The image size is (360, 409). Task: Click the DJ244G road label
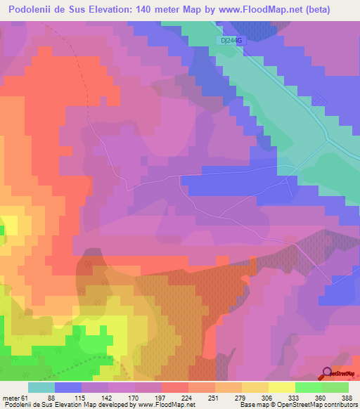pyautogui.click(x=231, y=41)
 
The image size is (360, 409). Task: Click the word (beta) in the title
pyautogui.click(x=332, y=10)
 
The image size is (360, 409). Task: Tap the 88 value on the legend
pyautogui.click(x=51, y=397)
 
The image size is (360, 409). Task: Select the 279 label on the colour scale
pyautogui.click(x=238, y=397)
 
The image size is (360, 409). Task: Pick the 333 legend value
pyautogui.click(x=292, y=397)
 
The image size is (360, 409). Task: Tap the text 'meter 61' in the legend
pyautogui.click(x=15, y=397)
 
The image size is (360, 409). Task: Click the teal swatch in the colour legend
pyautogui.click(x=41, y=387)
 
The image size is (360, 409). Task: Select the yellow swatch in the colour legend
pyautogui.click(x=281, y=387)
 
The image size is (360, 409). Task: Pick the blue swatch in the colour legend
pyautogui.click(x=67, y=387)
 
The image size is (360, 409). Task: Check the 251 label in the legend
pyautogui.click(x=212, y=397)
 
